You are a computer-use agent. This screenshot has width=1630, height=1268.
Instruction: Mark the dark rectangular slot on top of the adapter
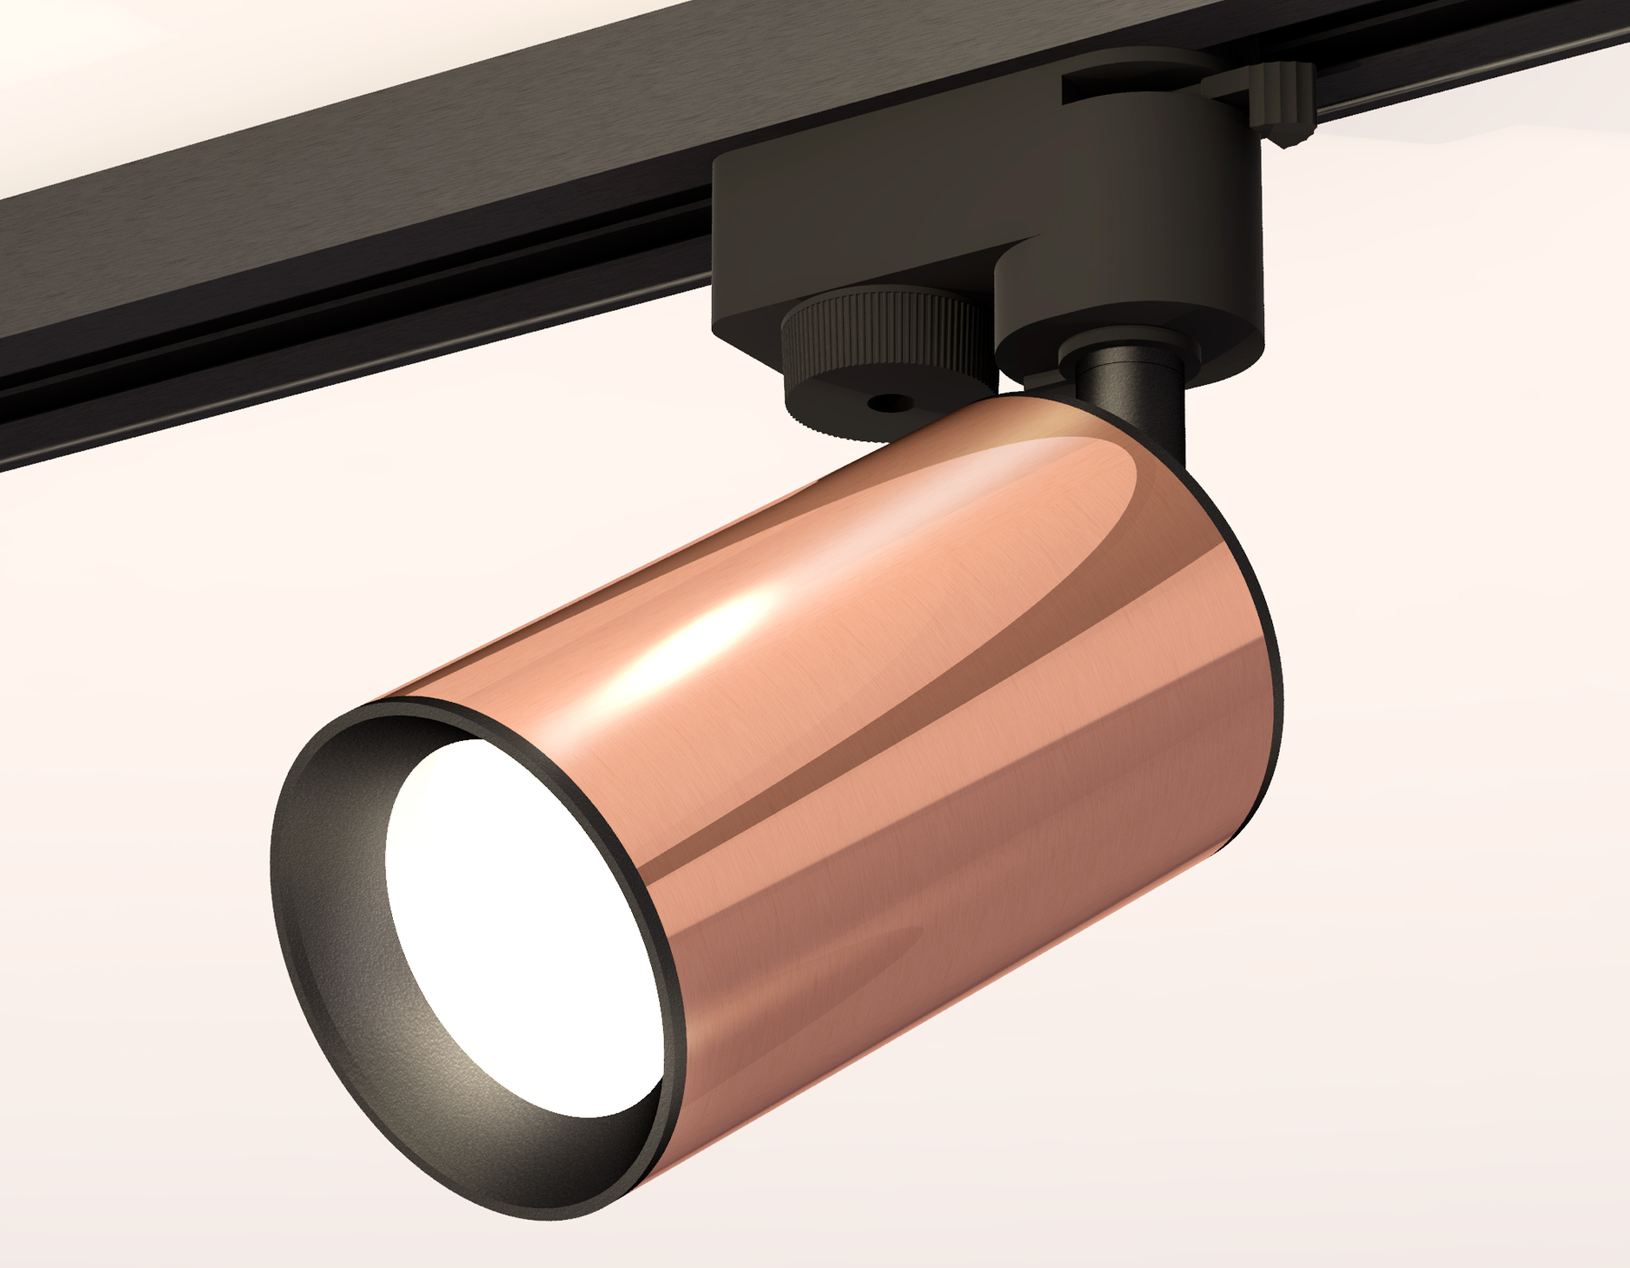tap(1132, 91)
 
